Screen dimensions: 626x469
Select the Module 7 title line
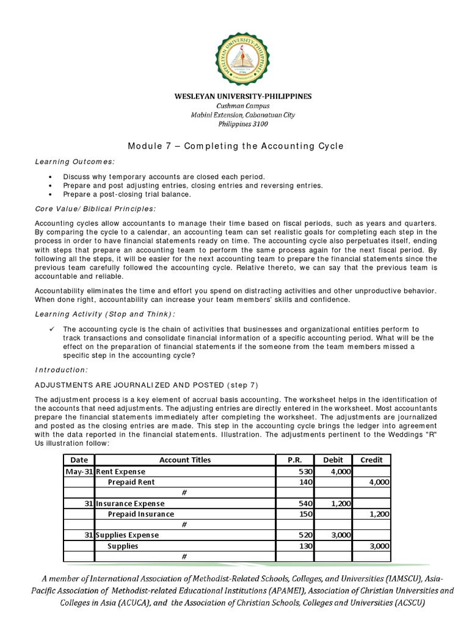coord(236,146)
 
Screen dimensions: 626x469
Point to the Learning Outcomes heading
coord(75,161)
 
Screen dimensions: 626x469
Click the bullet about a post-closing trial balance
coord(127,194)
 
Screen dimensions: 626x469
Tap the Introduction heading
coord(61,370)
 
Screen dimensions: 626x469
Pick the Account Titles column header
coord(185,460)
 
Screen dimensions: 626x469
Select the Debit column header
coord(333,460)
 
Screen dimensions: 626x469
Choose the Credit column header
coord(371,460)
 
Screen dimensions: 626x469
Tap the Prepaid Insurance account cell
coord(140,514)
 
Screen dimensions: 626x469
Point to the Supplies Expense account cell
coord(126,535)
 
